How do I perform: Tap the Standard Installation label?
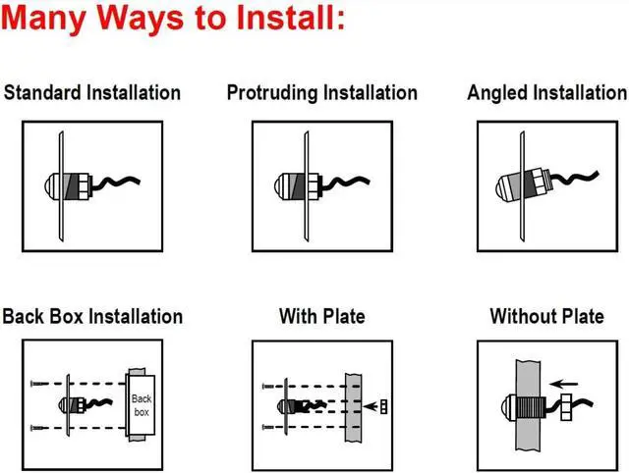tap(92, 93)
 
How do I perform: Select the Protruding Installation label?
tap(321, 93)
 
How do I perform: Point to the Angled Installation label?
tap(546, 93)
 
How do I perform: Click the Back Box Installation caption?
tap(92, 317)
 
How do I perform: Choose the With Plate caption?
tap(321, 317)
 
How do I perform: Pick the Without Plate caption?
tap(546, 317)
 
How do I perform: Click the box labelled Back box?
tap(142, 403)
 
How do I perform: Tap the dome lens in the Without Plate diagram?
tap(501, 402)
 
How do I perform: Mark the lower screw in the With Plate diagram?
tap(269, 426)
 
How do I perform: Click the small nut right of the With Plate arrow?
tap(384, 404)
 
